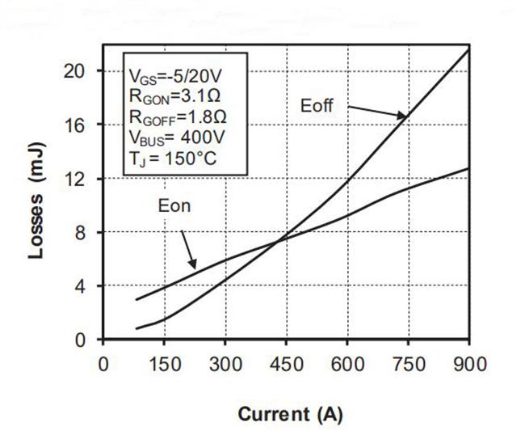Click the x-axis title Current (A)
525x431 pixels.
pos(290,414)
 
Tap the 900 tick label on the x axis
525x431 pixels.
pos(469,363)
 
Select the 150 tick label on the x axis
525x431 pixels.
pos(163,363)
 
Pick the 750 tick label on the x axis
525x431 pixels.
pos(408,363)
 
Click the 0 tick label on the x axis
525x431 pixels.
pos(103,363)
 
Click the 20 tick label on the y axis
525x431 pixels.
pos(76,71)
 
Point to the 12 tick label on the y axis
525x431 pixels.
pos(76,179)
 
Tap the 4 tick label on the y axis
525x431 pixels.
pos(81,286)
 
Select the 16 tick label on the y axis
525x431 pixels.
pos(76,125)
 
